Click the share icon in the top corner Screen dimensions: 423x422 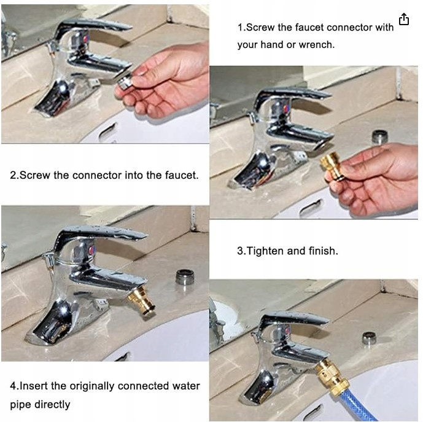pos(404,19)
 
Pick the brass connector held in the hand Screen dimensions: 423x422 pos(332,166)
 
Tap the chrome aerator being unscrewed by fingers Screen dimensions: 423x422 pos(125,81)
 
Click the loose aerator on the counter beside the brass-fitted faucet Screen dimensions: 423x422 pos(185,277)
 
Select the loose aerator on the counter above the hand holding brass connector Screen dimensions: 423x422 pos(379,137)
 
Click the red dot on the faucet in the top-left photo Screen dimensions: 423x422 pos(86,39)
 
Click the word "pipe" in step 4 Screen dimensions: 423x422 pos(20,405)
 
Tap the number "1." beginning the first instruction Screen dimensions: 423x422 pos(241,28)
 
